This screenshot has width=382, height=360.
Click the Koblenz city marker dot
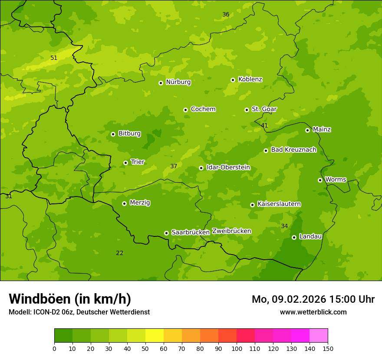233,80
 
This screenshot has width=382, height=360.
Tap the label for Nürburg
178,82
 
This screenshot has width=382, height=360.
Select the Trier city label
138,162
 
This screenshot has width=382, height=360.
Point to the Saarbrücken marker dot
166,233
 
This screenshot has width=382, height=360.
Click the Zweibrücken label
231,231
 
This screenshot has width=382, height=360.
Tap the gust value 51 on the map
54,58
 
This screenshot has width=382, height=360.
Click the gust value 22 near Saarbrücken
119,253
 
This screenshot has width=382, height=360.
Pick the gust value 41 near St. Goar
264,126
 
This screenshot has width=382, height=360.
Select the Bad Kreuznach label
293,150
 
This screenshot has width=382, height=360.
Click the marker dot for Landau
294,237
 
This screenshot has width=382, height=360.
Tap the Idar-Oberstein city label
228,167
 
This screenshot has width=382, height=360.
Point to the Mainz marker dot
307,130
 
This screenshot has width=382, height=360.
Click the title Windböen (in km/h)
70,299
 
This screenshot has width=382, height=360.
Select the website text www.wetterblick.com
313,312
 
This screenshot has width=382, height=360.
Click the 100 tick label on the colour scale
237,348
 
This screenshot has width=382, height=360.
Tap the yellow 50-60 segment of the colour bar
155,336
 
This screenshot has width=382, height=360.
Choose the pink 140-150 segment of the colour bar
319,336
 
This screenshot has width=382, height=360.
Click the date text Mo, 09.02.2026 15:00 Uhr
313,299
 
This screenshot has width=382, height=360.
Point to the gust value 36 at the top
226,15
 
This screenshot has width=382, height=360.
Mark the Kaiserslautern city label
279,204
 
